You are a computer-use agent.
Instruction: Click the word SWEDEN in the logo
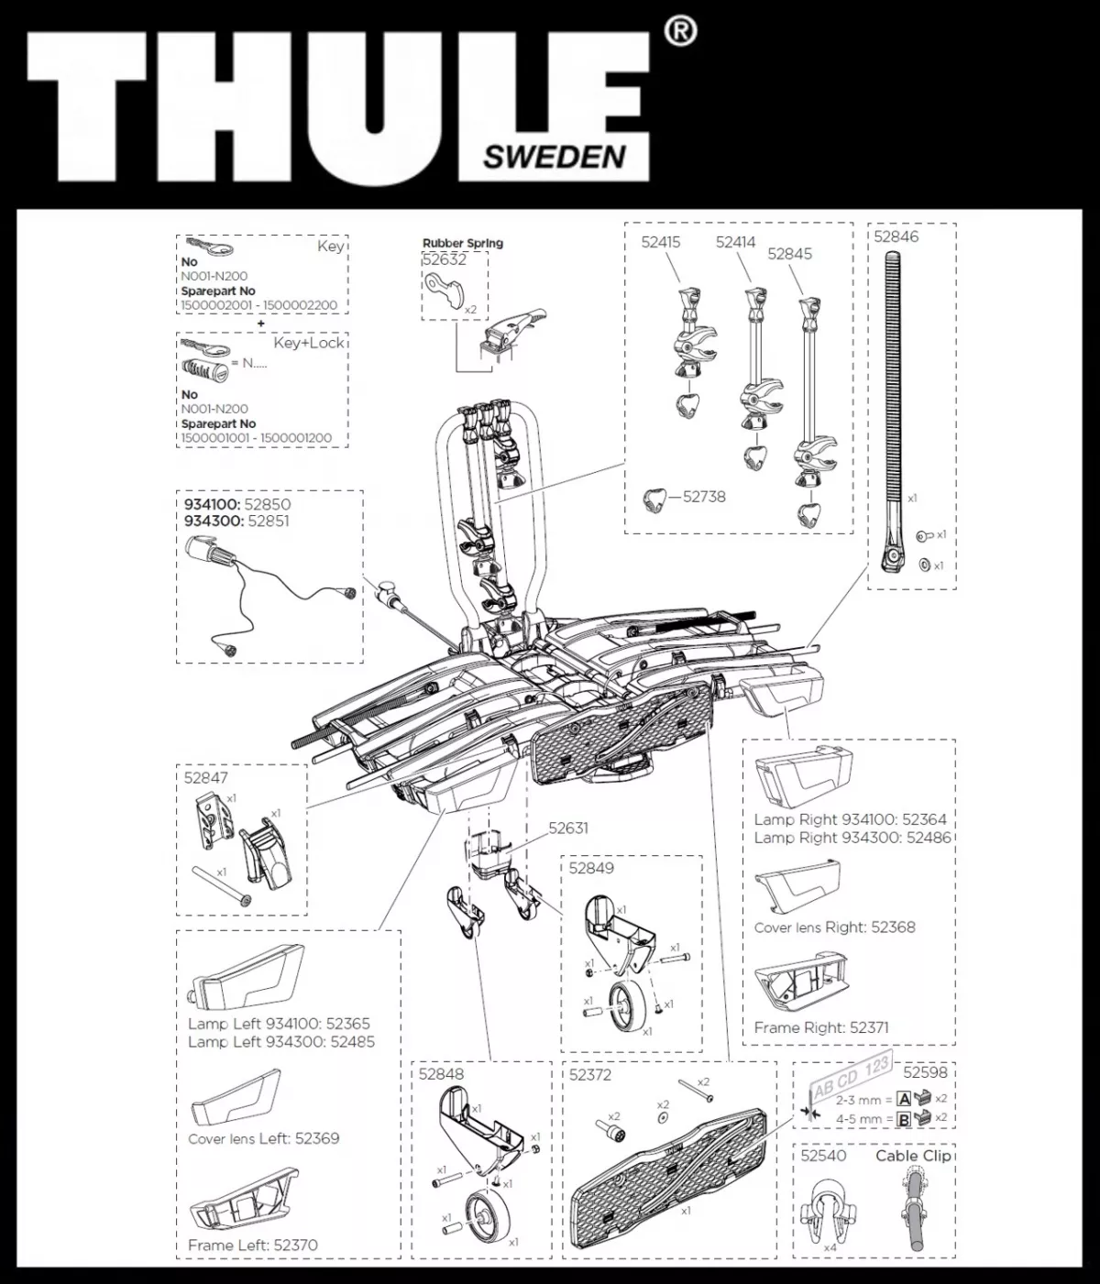[x=554, y=157]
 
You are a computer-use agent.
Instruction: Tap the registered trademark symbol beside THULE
[x=678, y=32]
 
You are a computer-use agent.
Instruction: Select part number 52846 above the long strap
[x=896, y=236]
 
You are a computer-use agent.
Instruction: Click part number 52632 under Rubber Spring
[x=445, y=259]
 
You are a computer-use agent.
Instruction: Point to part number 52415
[x=660, y=243]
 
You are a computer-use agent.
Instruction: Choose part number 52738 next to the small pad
[x=704, y=497]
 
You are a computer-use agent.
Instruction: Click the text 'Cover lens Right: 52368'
[x=834, y=927]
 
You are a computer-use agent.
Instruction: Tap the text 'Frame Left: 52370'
[x=253, y=1245]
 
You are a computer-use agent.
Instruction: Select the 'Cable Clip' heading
[x=913, y=1156]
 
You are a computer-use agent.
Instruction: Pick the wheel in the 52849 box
[x=627, y=1003]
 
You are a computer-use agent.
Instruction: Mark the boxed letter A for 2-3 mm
[x=904, y=1099]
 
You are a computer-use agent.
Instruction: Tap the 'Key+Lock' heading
[x=309, y=343]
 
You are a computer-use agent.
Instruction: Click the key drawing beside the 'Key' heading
[x=210, y=246]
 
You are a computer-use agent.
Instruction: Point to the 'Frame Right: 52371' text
[x=820, y=1028]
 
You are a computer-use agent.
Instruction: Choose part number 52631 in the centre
[x=568, y=829]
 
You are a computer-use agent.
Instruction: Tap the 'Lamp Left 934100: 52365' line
[x=279, y=1024]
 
